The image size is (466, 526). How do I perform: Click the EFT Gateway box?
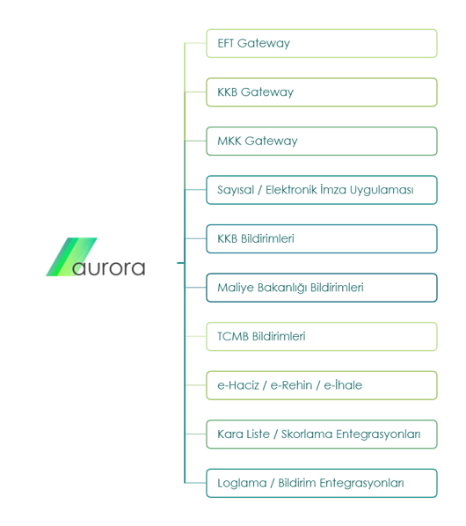322,43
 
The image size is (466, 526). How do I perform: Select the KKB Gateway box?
322,92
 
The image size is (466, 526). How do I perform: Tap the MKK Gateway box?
322,141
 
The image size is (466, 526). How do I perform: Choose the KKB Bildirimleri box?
322,239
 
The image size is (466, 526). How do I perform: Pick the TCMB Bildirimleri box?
322,337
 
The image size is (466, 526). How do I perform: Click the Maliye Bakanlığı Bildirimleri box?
322,288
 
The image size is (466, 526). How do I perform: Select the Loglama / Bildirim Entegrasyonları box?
322,483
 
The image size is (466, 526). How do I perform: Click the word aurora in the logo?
109,268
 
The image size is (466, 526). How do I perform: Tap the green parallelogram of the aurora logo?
71,257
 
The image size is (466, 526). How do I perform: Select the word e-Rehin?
291,385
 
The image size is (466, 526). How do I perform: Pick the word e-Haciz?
238,385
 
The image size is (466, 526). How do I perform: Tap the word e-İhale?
343,384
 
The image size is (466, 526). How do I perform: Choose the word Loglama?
242,484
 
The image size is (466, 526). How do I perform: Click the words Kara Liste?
244,434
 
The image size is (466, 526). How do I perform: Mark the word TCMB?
233,337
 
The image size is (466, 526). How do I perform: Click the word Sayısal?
236,190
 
